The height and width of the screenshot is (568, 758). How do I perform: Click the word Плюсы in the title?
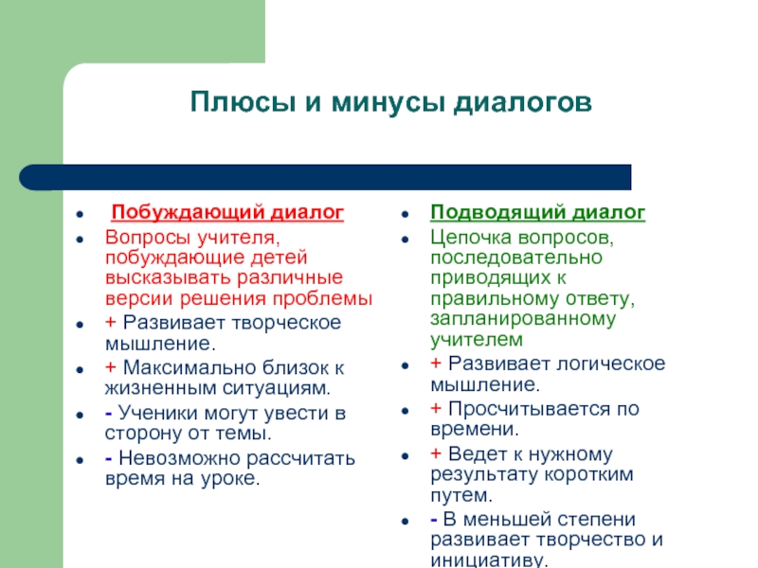243,102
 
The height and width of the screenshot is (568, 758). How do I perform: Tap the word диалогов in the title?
523,103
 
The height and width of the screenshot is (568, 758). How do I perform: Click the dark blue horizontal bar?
325,177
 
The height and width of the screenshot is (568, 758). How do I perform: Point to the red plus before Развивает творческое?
111,322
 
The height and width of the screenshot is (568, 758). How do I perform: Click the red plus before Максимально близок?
111,367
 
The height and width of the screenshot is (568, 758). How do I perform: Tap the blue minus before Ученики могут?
109,414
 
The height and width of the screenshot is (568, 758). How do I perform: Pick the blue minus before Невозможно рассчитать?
109,458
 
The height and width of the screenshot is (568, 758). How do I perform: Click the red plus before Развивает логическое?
436,364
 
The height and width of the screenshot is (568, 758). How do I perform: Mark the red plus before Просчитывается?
436,409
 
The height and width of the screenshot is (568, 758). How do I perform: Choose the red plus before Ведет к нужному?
436,453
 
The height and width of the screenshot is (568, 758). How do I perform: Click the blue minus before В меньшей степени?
434,520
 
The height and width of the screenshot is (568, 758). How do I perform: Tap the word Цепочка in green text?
471,238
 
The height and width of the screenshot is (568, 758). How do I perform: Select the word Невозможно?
179,458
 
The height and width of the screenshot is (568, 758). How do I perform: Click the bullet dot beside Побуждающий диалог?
80,214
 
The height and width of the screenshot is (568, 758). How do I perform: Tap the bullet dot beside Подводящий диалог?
406,214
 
